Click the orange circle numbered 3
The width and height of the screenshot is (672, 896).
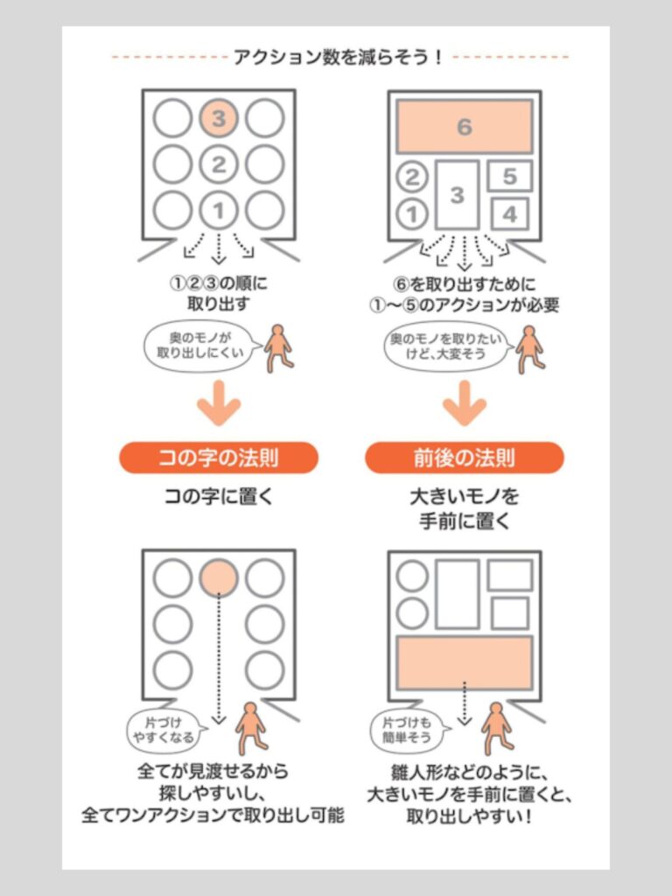tap(218, 118)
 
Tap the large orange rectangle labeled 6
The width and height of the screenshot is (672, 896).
tap(465, 126)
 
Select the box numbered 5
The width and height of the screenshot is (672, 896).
tap(510, 176)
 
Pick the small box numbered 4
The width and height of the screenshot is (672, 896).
tap(510, 214)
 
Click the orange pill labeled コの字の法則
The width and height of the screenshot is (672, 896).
tap(219, 458)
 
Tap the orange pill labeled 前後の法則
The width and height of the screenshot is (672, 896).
tap(465, 458)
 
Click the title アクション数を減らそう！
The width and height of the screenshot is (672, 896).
tap(338, 57)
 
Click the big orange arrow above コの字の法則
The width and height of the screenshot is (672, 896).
tap(219, 402)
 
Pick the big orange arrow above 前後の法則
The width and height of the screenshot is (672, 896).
tap(465, 402)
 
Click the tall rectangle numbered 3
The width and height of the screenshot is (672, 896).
tap(457, 195)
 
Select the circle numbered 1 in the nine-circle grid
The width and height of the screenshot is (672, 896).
tap(218, 211)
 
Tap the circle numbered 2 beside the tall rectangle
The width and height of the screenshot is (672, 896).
tap(411, 177)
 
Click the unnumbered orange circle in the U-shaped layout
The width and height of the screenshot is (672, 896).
tap(218, 577)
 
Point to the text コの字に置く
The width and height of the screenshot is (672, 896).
tap(219, 497)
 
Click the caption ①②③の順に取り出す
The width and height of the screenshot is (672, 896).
tap(219, 294)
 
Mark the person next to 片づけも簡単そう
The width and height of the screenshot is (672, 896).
tap(496, 727)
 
